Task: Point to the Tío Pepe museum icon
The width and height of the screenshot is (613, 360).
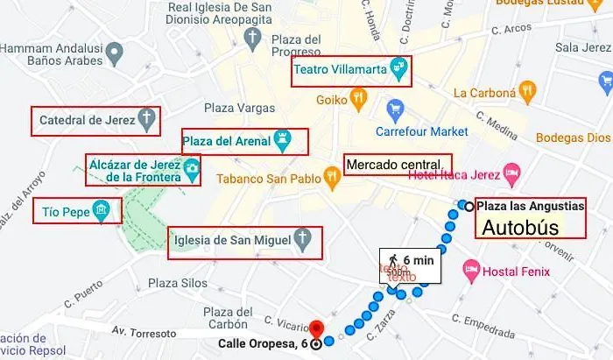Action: coord(102,210)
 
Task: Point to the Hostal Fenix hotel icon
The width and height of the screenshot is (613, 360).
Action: coord(471,265)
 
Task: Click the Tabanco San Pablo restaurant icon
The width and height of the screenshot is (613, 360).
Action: coord(332,177)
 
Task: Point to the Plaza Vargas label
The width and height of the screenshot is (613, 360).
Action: coord(233,109)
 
